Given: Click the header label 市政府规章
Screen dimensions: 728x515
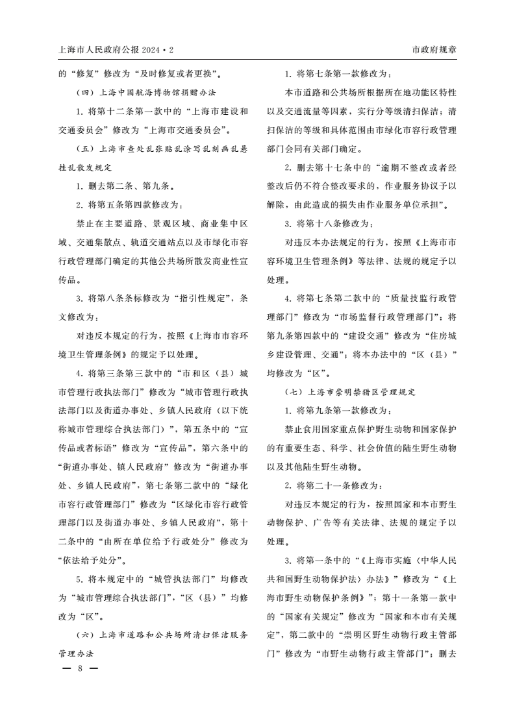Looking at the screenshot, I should pyautogui.click(x=434, y=49).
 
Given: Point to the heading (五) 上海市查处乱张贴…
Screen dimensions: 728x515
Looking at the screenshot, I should pyautogui.click(x=157, y=148).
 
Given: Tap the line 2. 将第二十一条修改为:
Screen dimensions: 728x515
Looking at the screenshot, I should pyautogui.click(x=333, y=485).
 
